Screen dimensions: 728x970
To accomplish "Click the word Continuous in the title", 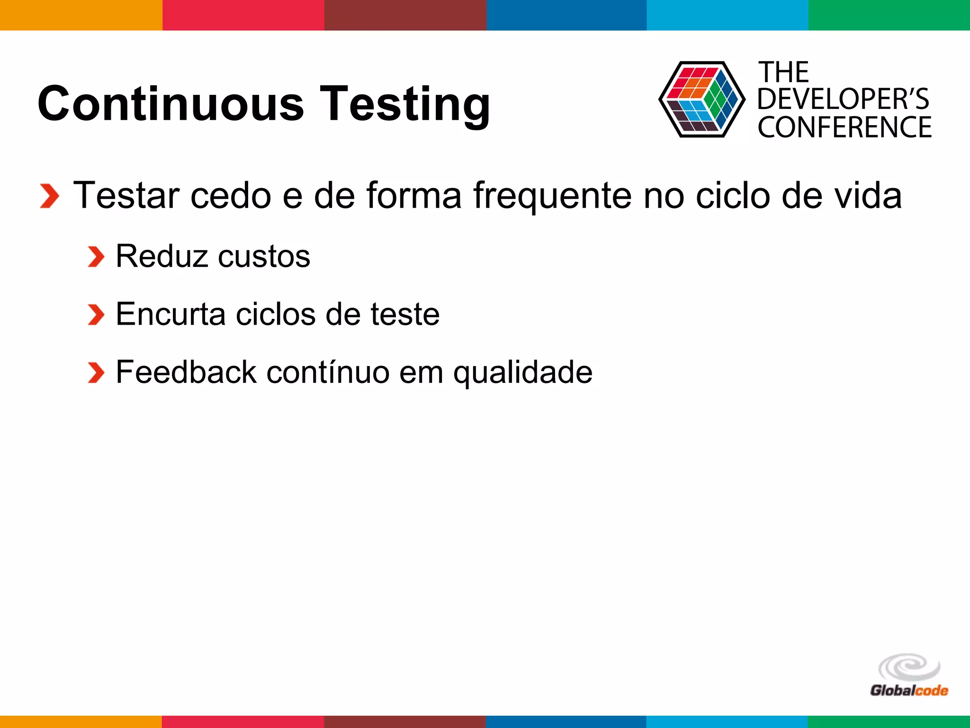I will (x=171, y=103).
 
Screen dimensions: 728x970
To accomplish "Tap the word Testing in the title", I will (x=405, y=104).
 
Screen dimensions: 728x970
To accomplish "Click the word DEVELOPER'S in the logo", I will (x=843, y=100).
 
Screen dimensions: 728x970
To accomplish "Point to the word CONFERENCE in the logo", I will (x=844, y=127).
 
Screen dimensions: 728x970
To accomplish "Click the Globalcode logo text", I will (x=909, y=690).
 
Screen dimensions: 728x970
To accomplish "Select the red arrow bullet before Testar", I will (x=49, y=196).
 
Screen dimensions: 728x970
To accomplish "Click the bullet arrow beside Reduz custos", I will (x=96, y=257).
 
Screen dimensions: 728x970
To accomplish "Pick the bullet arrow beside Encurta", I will (x=96, y=315).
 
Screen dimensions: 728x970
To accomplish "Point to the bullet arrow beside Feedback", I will (x=96, y=373).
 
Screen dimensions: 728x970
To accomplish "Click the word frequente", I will (x=552, y=196).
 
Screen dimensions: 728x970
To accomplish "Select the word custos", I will (x=264, y=256).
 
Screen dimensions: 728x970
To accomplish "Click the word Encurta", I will (x=171, y=314).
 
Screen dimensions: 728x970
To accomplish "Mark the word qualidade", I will (x=522, y=373).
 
